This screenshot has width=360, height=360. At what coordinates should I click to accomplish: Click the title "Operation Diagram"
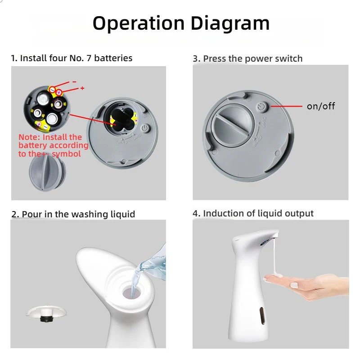[181, 23]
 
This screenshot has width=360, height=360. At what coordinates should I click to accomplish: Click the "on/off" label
[320, 106]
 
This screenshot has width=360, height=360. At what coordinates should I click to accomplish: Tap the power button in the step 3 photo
[262, 106]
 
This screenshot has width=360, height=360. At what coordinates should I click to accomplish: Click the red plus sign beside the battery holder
[82, 88]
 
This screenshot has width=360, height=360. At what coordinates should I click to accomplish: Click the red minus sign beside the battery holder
[74, 82]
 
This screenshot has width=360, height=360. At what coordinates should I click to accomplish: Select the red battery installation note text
[53, 145]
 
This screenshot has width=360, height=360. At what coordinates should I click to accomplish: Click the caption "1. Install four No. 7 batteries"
[72, 58]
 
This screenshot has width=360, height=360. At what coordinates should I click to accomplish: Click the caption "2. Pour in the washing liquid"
[73, 214]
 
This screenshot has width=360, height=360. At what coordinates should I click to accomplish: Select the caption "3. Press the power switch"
[247, 58]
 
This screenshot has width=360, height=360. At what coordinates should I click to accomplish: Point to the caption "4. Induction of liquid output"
[253, 213]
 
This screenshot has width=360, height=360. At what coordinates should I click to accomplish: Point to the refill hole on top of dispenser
[132, 291]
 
